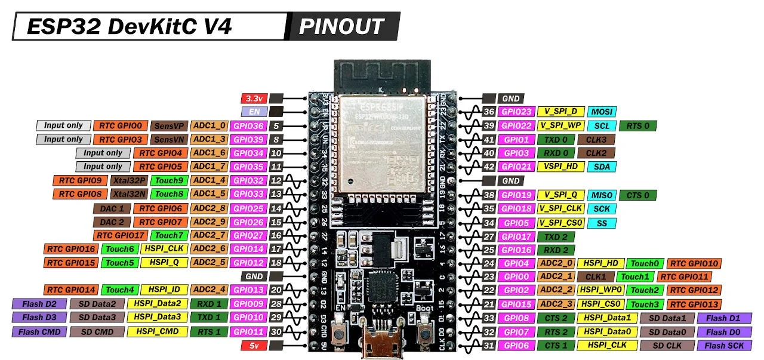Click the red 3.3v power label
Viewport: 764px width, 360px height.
(253, 99)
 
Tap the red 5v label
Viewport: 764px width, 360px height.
(253, 346)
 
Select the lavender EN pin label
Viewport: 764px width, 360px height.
(253, 112)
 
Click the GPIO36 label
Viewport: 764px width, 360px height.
(248, 126)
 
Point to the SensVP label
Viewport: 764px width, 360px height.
(168, 126)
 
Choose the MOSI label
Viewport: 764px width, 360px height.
(602, 112)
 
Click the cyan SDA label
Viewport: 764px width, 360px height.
(602, 167)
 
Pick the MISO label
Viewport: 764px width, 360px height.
(602, 195)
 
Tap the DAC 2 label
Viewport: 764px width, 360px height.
(111, 222)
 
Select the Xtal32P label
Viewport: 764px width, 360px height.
(128, 180)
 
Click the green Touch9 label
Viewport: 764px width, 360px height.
(168, 180)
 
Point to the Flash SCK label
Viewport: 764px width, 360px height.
(724, 346)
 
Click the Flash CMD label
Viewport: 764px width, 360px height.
(38, 332)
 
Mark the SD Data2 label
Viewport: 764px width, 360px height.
(97, 304)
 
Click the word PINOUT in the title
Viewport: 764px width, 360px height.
(341, 27)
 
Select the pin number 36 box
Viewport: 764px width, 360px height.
(489, 112)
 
